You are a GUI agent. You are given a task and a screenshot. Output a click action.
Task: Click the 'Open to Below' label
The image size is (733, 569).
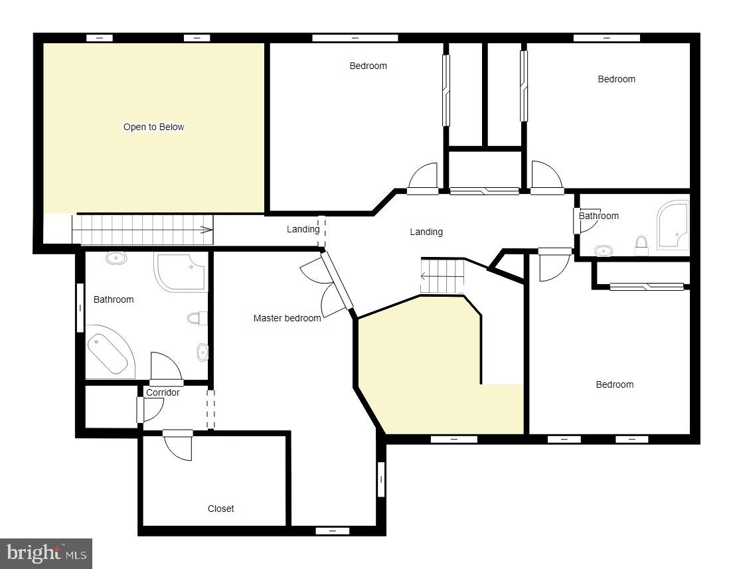(153, 127)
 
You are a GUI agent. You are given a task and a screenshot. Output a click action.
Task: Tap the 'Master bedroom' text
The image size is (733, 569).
(287, 318)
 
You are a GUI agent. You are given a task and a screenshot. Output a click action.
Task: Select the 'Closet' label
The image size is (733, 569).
(220, 509)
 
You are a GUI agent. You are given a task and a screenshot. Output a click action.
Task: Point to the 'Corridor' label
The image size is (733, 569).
(163, 392)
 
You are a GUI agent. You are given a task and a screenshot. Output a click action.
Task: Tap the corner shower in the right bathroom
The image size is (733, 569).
(672, 226)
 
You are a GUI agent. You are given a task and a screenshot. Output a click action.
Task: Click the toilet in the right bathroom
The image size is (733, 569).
(641, 246)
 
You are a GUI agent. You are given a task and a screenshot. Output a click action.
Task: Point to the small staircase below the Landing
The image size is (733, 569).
(442, 276)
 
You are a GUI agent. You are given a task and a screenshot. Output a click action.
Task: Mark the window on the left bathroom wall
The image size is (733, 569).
(80, 307)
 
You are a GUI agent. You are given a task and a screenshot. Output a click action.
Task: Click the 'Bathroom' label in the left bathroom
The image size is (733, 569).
(114, 299)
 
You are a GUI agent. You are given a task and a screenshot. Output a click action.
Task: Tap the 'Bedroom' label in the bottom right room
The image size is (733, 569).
(614, 384)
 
